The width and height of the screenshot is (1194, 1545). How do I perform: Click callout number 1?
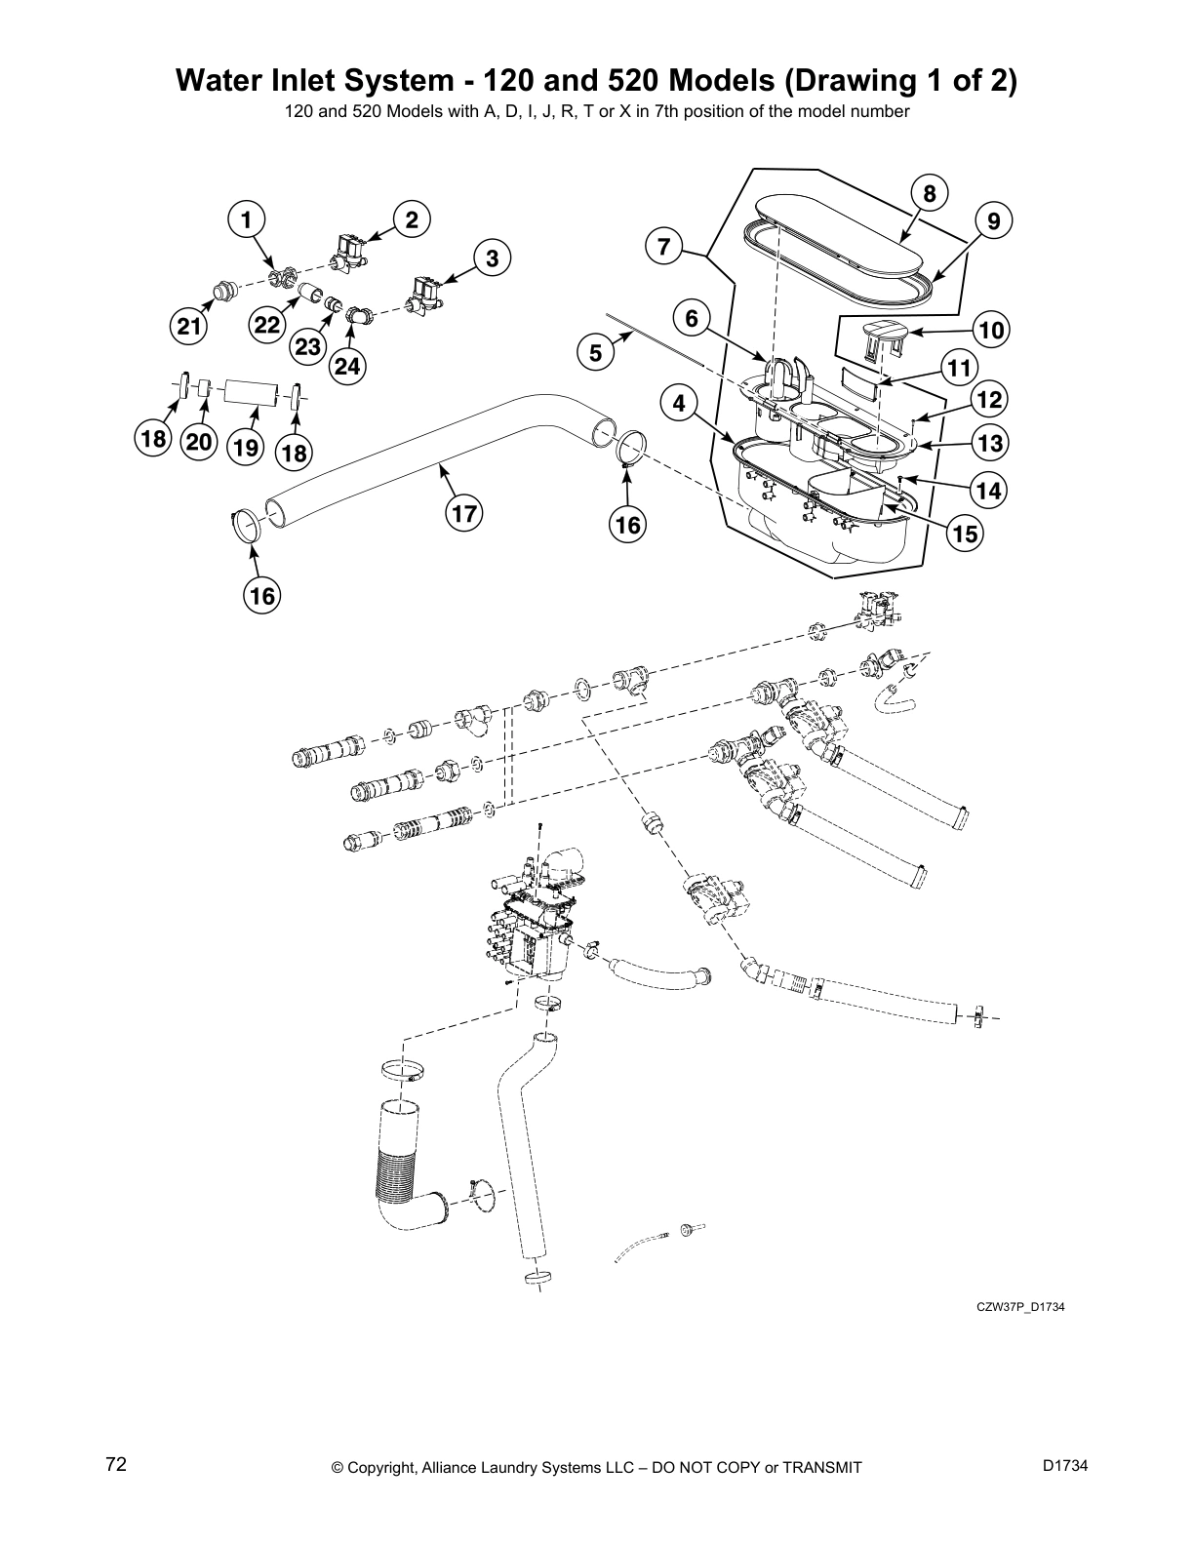247,220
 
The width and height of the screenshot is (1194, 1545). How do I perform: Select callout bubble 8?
929,194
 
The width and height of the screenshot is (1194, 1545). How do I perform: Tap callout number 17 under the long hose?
466,514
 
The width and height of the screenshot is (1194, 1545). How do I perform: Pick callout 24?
348,367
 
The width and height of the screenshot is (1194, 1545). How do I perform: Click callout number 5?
596,353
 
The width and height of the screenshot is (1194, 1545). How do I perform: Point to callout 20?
199,442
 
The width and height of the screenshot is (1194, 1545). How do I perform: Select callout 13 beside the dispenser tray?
989,444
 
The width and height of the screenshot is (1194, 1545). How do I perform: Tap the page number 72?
116,1464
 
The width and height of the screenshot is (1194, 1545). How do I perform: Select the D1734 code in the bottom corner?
1064,1464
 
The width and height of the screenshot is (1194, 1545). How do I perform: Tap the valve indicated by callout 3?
426,292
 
